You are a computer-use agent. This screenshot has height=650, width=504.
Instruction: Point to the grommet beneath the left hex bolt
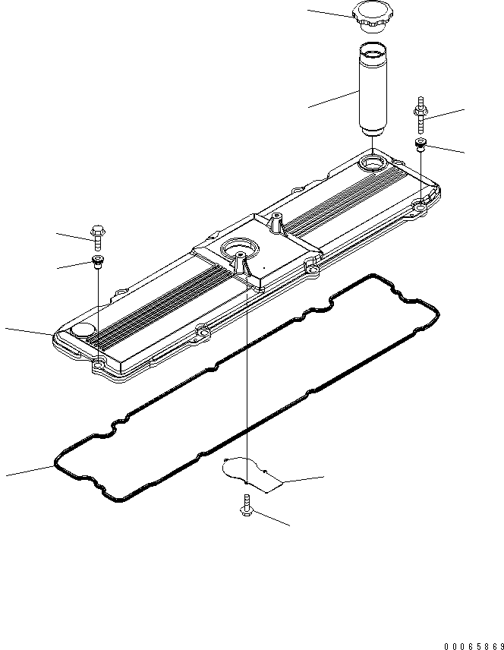[x=97, y=262]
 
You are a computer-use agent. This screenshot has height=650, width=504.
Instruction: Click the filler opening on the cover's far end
[x=374, y=162]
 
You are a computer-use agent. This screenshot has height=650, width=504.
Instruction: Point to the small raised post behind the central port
[x=276, y=223]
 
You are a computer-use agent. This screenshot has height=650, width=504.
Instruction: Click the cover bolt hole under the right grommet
[x=420, y=205]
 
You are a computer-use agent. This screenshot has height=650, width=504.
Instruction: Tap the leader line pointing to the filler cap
[x=330, y=14]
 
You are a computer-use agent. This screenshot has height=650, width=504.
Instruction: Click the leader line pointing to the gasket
[x=30, y=470]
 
